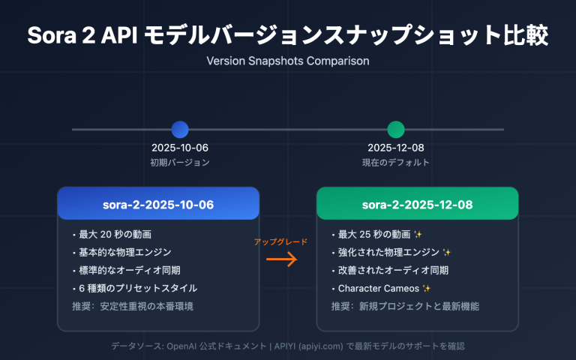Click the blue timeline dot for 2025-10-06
[180, 129]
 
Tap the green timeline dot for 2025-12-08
[395, 129]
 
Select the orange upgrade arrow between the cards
[282, 260]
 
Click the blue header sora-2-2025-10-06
[158, 204]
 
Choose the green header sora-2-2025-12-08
[417, 204]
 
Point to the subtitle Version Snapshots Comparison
[288, 60]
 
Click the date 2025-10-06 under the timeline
[180, 148]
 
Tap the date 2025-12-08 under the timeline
[395, 148]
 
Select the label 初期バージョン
[180, 162]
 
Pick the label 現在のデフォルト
[395, 162]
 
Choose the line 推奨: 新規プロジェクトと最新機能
[405, 306]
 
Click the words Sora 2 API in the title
[81, 35]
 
